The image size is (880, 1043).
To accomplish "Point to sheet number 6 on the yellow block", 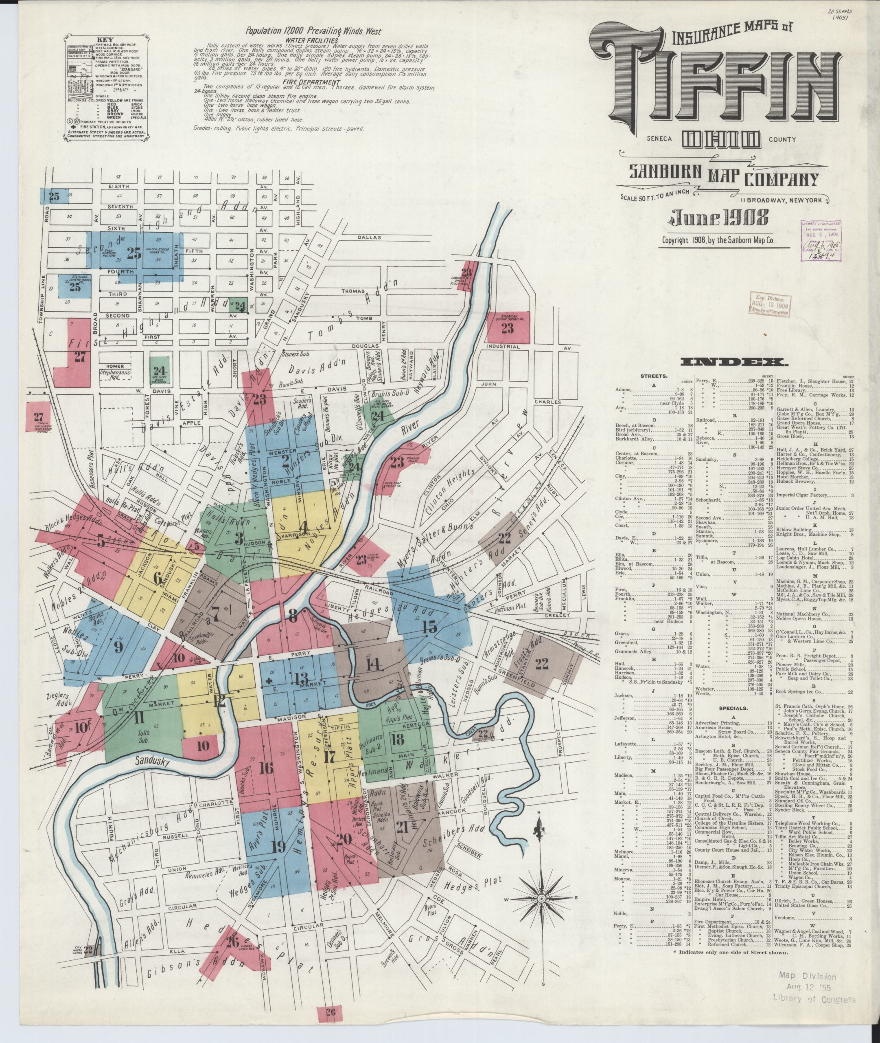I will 158,579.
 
